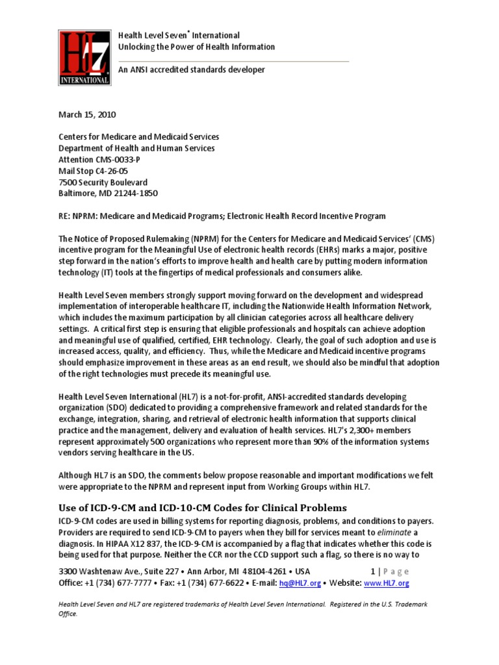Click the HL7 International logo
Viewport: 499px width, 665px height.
tap(84, 56)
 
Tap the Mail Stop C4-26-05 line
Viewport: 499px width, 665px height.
tap(94, 171)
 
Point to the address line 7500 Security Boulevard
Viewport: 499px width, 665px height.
tap(103, 182)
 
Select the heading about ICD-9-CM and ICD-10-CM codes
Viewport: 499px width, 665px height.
tap(203, 507)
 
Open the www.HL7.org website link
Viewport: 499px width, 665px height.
tap(386, 583)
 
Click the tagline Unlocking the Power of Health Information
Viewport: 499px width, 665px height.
tap(196, 47)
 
